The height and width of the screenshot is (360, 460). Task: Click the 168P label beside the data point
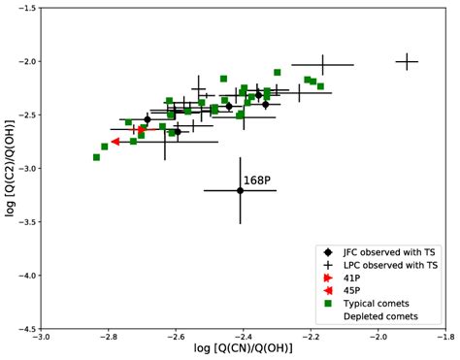point(256,180)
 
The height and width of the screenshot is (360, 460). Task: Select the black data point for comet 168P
point(241,190)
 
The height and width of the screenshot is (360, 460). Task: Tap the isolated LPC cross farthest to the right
point(407,62)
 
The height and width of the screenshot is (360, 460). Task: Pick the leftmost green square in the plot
point(96,157)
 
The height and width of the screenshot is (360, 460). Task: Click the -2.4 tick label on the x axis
point(242,340)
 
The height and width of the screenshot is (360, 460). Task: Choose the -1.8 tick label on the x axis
point(443,340)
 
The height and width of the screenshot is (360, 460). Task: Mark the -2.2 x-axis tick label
point(309,340)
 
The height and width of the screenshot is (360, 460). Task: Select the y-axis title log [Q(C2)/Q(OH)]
point(9,169)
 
